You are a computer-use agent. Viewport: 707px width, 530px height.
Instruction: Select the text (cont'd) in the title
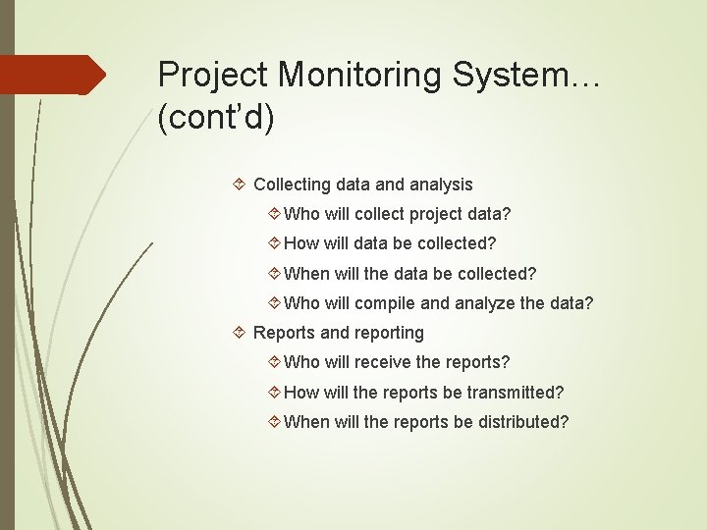tap(216, 117)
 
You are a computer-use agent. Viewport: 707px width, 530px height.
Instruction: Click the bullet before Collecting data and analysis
tap(242, 185)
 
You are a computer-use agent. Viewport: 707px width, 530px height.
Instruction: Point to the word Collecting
tap(292, 185)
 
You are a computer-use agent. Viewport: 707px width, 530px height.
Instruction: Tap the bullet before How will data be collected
tap(274, 243)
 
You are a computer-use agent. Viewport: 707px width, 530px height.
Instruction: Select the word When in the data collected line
tap(306, 274)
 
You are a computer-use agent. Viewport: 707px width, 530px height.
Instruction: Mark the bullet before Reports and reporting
tap(242, 333)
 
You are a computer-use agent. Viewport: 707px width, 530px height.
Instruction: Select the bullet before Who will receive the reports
tap(274, 363)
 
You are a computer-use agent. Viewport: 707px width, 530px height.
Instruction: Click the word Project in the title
tap(214, 75)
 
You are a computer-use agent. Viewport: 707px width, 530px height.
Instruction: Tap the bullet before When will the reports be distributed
tap(274, 422)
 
